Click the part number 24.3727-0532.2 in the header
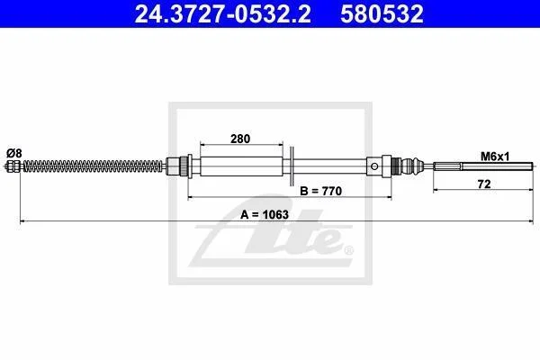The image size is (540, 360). [x=223, y=13]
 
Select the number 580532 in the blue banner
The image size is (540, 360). [x=382, y=13]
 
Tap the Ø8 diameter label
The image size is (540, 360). [x=14, y=153]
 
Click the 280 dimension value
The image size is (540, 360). [x=240, y=139]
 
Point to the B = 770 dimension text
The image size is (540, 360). [x=320, y=191]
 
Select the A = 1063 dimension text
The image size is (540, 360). [x=265, y=214]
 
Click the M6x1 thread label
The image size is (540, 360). [x=495, y=157]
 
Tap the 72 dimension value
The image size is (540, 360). [x=484, y=184]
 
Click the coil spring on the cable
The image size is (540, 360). [x=93, y=166]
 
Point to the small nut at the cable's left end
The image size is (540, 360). [x=13, y=166]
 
